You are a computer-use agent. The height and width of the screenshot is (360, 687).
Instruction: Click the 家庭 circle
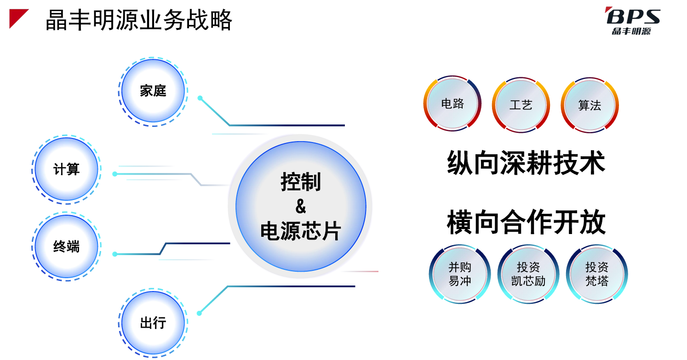(x=153, y=91)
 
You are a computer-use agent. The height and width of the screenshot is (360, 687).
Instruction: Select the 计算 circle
(x=66, y=169)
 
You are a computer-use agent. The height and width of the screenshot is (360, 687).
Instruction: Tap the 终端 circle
(x=66, y=246)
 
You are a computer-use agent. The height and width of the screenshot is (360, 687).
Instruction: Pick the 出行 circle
(x=153, y=323)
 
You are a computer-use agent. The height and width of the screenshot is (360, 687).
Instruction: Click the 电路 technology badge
(x=452, y=103)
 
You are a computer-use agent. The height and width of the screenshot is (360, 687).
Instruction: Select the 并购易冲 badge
(x=460, y=274)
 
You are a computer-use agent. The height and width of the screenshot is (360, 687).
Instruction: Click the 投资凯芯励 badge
(x=528, y=274)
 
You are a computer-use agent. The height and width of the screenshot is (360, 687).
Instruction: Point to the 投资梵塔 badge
(x=597, y=274)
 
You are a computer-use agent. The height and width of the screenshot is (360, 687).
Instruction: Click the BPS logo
(x=633, y=21)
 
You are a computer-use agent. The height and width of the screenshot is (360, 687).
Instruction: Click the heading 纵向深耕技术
(x=526, y=163)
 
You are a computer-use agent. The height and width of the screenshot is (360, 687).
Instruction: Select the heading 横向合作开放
(x=526, y=222)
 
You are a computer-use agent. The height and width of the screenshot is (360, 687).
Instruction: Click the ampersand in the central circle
(x=301, y=206)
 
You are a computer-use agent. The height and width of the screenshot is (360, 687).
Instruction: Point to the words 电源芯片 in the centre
(x=301, y=231)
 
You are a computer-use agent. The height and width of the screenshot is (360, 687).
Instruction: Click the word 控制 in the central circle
(x=301, y=182)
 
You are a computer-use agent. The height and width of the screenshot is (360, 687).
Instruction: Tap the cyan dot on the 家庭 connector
(x=200, y=98)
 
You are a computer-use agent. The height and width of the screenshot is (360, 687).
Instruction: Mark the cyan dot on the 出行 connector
(x=200, y=313)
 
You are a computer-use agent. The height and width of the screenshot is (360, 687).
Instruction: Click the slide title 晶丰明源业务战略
(x=138, y=20)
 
